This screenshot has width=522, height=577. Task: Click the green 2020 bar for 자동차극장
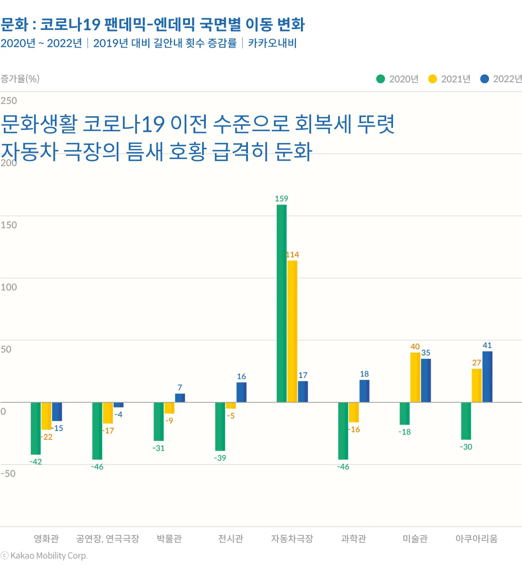point(281,303)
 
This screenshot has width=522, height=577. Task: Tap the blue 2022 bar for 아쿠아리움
point(487,377)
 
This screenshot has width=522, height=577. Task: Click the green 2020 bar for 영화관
point(36,428)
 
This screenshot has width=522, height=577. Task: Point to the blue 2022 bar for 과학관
point(364,391)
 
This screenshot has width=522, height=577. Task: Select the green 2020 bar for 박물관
point(159,421)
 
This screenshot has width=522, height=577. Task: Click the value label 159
point(281,199)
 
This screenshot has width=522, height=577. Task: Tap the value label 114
point(292,255)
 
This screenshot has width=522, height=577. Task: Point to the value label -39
point(220,458)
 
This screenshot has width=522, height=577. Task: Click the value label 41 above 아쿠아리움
point(487,345)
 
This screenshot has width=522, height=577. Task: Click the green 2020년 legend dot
point(380,79)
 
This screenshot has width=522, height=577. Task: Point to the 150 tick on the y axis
point(9,225)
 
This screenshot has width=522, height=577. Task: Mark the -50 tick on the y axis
point(8,473)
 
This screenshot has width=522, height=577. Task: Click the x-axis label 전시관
point(231,539)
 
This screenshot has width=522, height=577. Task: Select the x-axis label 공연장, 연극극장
point(107,539)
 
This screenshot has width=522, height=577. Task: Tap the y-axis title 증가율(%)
point(20,79)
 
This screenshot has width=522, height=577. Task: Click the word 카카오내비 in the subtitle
point(272,43)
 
